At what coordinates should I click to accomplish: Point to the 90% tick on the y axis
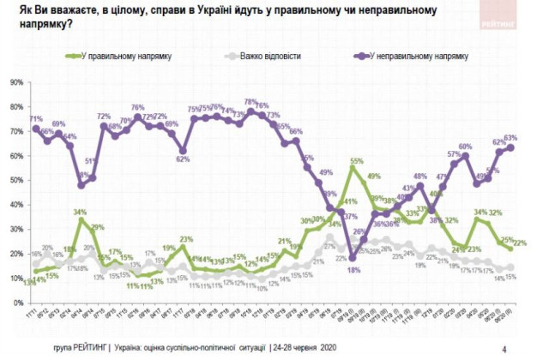pyautogui.click(x=16, y=83)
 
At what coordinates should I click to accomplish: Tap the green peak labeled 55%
pyautogui.click(x=352, y=168)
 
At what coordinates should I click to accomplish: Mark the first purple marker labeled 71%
pyautogui.click(x=35, y=129)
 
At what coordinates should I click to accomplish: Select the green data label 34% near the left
pyautogui.click(x=80, y=211)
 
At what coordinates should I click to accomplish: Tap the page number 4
pyautogui.click(x=504, y=347)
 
